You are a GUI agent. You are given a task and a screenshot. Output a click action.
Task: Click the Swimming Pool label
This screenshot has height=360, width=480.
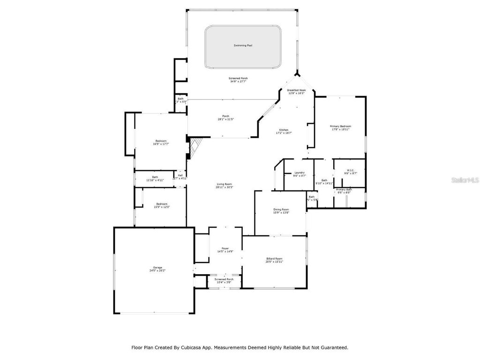(x=243, y=45)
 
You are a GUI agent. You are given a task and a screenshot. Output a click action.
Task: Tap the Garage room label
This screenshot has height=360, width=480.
(x=157, y=268)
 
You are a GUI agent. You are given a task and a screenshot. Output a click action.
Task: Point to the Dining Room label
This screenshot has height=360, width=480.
(x=281, y=210)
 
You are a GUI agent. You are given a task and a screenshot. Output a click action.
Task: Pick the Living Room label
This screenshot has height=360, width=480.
(x=224, y=184)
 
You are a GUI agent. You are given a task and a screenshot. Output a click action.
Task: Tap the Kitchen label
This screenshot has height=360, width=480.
(x=284, y=130)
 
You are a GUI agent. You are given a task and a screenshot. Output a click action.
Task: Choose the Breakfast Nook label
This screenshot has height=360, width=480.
(x=296, y=90)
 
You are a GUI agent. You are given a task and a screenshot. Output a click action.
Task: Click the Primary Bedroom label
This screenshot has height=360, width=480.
(x=340, y=126)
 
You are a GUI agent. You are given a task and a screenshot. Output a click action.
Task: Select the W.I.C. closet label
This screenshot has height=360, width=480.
(x=351, y=170)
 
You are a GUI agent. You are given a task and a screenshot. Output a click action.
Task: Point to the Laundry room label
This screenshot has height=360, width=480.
(x=300, y=172)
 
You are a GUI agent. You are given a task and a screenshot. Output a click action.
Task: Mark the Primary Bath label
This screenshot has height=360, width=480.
(x=344, y=189)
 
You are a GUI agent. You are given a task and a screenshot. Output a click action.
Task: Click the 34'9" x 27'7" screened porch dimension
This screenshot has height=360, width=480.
(x=238, y=82)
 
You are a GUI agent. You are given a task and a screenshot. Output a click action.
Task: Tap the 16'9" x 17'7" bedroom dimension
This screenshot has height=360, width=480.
(x=161, y=144)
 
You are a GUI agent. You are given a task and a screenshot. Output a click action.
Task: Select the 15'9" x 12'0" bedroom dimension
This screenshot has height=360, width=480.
(x=162, y=207)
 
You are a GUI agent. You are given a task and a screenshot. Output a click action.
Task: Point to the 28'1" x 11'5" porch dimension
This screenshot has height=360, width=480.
(x=225, y=120)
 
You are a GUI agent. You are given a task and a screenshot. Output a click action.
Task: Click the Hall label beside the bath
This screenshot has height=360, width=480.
(x=180, y=175)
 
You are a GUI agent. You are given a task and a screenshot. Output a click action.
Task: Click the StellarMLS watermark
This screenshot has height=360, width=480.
(x=464, y=180)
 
